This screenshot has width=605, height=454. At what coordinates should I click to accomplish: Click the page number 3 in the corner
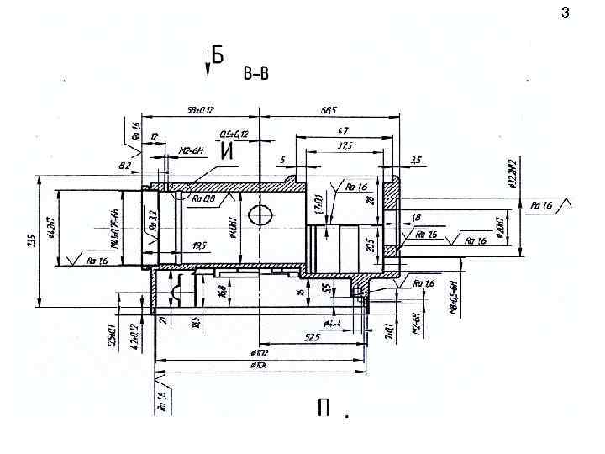[x=565, y=13]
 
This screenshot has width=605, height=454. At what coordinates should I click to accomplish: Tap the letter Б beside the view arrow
[x=218, y=55]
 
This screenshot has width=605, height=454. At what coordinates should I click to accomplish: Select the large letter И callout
[x=226, y=151]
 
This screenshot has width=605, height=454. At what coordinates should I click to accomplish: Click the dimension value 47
[x=343, y=130]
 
